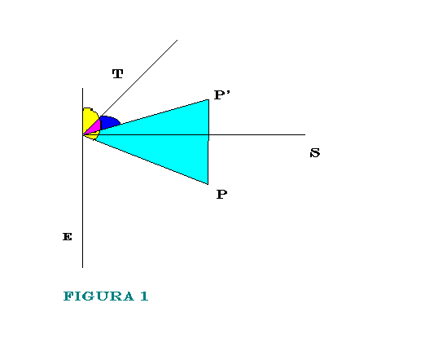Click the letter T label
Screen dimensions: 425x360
[x=117, y=74]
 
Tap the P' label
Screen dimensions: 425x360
[x=222, y=95]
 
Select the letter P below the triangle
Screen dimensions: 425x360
[x=221, y=195]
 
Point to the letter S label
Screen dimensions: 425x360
[x=315, y=153]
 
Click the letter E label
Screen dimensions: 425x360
[x=68, y=237]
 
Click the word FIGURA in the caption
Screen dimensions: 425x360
[x=99, y=296]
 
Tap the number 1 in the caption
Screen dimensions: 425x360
[x=144, y=296]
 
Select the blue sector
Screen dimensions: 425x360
[x=108, y=122]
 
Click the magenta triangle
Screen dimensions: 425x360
[x=94, y=128]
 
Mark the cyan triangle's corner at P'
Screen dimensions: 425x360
[x=208, y=100]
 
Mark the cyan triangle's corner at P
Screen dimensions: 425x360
[x=208, y=184]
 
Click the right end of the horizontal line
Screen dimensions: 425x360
[x=305, y=134]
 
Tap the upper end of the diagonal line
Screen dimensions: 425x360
[x=177, y=40]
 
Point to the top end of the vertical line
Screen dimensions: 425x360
[x=83, y=88]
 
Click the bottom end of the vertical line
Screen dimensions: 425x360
[x=83, y=268]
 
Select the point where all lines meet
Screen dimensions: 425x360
[x=83, y=134]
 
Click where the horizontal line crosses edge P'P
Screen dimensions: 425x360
[x=208, y=134]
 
